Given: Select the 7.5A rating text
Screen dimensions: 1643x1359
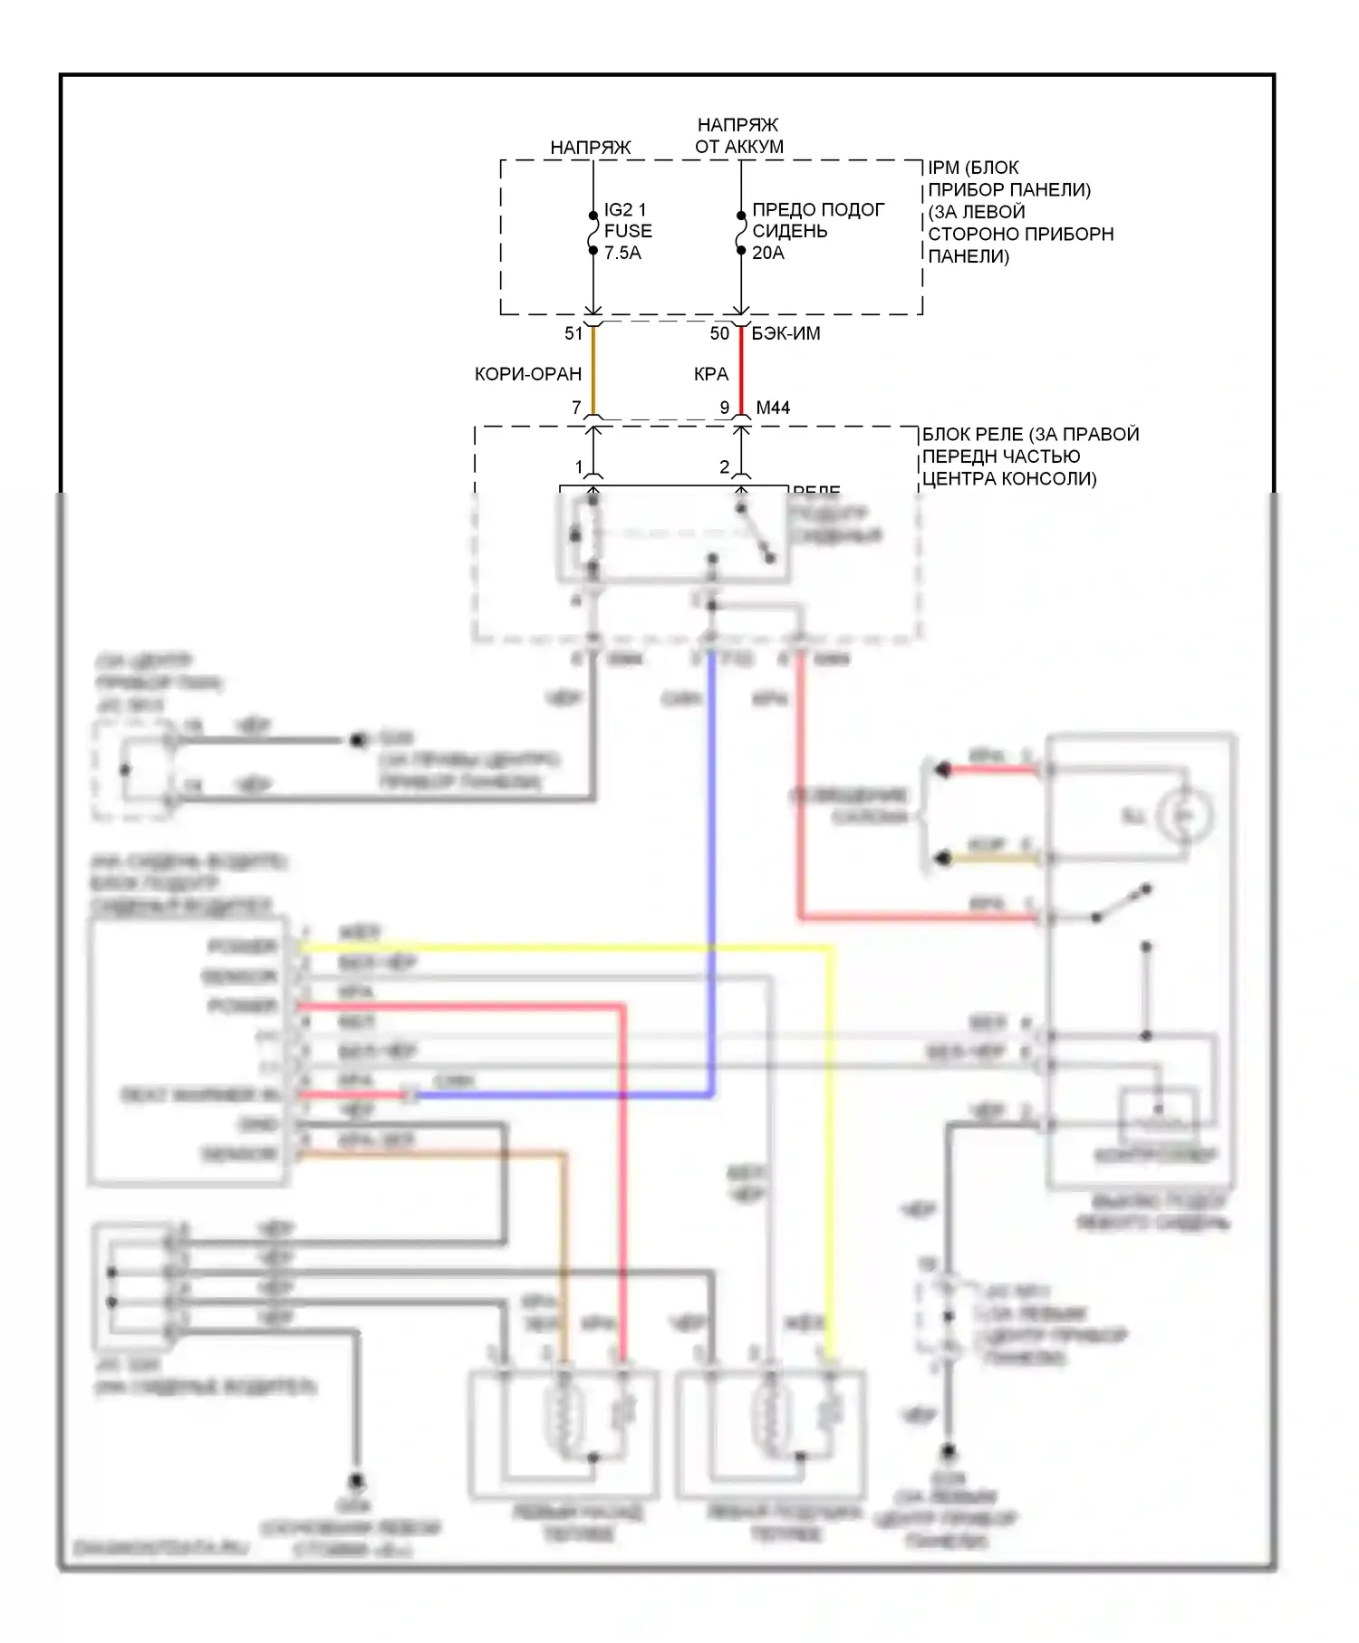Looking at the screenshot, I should pyautogui.click(x=622, y=254).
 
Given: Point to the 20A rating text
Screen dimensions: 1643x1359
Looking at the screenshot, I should pyautogui.click(x=768, y=254).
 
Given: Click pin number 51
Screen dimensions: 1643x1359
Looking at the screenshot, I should pyautogui.click(x=573, y=334).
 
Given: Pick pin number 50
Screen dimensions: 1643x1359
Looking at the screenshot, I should pyautogui.click(x=719, y=334).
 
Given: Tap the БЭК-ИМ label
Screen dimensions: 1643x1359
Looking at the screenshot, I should pyautogui.click(x=786, y=334).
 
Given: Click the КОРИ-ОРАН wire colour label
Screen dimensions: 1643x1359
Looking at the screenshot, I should pyautogui.click(x=528, y=374).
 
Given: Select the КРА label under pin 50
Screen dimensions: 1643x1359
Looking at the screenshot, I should pyautogui.click(x=711, y=374).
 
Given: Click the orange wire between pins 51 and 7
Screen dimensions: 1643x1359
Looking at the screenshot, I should pyautogui.click(x=593, y=371).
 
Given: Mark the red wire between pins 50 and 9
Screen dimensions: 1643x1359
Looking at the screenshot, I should pyautogui.click(x=741, y=371).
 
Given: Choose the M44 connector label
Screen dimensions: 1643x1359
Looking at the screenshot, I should pyautogui.click(x=773, y=408).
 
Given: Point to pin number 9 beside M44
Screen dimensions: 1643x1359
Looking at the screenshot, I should pyautogui.click(x=725, y=408).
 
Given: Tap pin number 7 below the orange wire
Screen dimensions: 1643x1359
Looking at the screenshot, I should pyautogui.click(x=576, y=408).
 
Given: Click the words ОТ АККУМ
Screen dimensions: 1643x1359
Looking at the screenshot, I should pyautogui.click(x=739, y=147).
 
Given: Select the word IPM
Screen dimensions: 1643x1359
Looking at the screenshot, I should pyautogui.click(x=943, y=168).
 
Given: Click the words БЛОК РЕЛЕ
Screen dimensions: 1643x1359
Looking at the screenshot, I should pyautogui.click(x=973, y=435).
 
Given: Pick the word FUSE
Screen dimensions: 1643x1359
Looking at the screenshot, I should pyautogui.click(x=628, y=232).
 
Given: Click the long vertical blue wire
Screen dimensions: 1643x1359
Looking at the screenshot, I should pyautogui.click(x=711, y=870).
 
